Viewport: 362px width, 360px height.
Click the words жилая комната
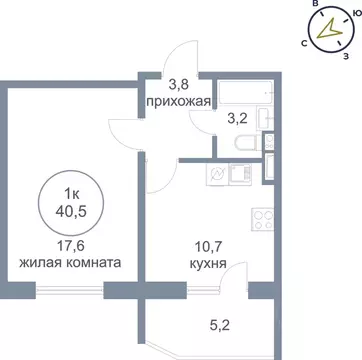tap(71, 264)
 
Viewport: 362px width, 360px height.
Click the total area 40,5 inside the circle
tap(71, 210)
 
